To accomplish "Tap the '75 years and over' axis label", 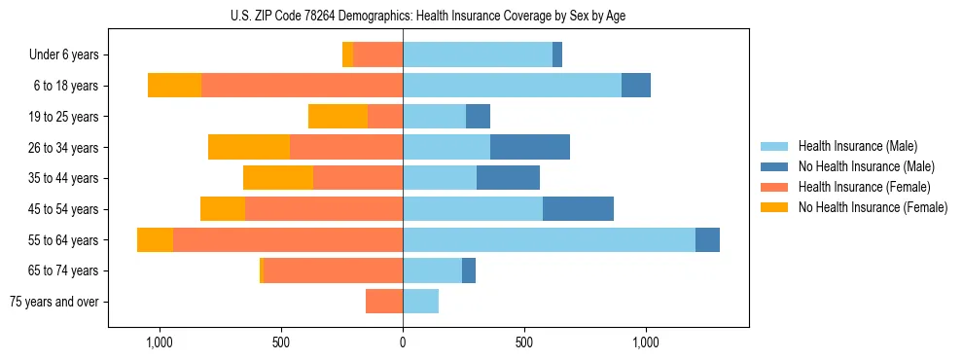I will [x=54, y=302].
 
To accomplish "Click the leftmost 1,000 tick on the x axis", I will [x=159, y=342].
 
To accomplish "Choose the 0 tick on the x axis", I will [x=403, y=342].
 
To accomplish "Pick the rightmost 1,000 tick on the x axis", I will [x=647, y=342].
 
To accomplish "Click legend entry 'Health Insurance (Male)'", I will [x=857, y=147].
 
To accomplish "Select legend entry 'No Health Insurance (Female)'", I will [x=873, y=207].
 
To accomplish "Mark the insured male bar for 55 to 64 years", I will [x=549, y=240].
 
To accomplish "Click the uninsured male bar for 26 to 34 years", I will [x=530, y=148].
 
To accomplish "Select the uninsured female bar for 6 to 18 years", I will [x=174, y=86].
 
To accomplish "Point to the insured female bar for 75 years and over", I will [x=384, y=302].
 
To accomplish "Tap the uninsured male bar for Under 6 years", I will [x=557, y=55].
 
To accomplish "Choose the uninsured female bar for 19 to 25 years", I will [x=338, y=117].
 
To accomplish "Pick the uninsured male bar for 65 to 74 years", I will [x=469, y=270].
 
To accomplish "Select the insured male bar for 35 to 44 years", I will [x=440, y=178].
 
